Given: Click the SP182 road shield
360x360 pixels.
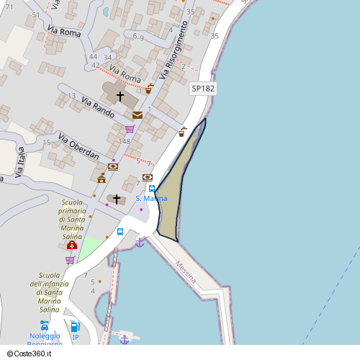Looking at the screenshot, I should coord(203,88).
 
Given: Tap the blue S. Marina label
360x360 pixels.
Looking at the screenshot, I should coord(151,198).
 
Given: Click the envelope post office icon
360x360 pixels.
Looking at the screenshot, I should coord(137,115).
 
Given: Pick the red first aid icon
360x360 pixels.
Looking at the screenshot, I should coord(72,246).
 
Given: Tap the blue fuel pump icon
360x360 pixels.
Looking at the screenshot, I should coord(75,327).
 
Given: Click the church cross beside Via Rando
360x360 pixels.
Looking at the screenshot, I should coord(120,95).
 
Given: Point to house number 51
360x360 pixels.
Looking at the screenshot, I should coord(36,14).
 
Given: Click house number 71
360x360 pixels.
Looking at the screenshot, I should coord(9,6).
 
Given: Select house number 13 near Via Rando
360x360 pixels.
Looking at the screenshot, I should coord(71,96).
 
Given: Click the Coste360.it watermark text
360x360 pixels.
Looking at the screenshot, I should coord(29,354).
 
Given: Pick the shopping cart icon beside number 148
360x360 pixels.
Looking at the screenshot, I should coord(130,130).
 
